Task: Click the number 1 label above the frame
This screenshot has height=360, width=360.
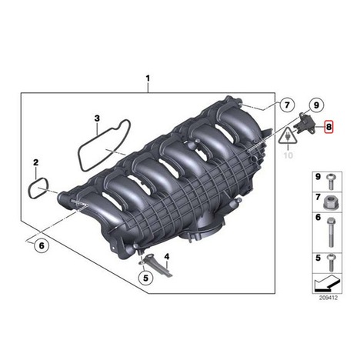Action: click(x=148, y=78)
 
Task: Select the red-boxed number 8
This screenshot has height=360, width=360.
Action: click(x=328, y=127)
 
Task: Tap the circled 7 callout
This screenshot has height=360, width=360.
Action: click(x=287, y=105)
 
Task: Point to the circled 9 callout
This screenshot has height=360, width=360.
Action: click(x=316, y=105)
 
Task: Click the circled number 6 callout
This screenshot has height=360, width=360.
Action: click(x=42, y=245)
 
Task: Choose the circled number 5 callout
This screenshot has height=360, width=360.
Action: click(x=145, y=278)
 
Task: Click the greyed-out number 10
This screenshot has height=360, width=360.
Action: click(x=288, y=155)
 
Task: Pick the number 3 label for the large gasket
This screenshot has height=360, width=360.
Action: click(x=97, y=118)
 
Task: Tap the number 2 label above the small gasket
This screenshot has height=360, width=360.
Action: click(x=36, y=162)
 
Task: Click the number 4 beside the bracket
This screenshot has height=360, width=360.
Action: click(x=167, y=256)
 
